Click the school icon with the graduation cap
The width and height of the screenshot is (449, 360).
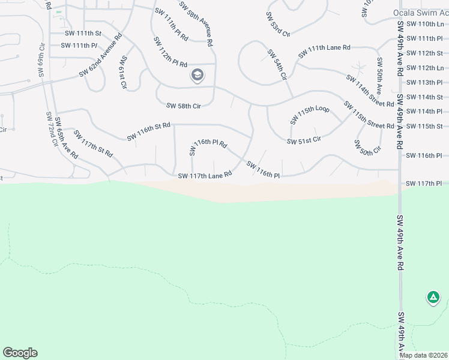(x=197, y=76)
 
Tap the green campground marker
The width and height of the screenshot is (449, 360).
(x=433, y=297)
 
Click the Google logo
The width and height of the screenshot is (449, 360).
(x=20, y=353)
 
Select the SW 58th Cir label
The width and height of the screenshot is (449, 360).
(x=183, y=106)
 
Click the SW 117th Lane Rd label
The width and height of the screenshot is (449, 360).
(x=205, y=176)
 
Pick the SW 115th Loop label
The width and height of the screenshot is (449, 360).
(x=310, y=114)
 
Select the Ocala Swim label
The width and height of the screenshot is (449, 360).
(x=420, y=12)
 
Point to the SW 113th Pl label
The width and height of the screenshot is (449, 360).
(x=424, y=82)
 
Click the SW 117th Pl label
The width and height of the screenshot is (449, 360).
(x=424, y=183)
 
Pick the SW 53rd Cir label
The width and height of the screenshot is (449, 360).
(x=278, y=23)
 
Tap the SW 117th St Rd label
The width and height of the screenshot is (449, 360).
(x=93, y=140)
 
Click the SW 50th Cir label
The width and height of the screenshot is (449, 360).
(x=367, y=146)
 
